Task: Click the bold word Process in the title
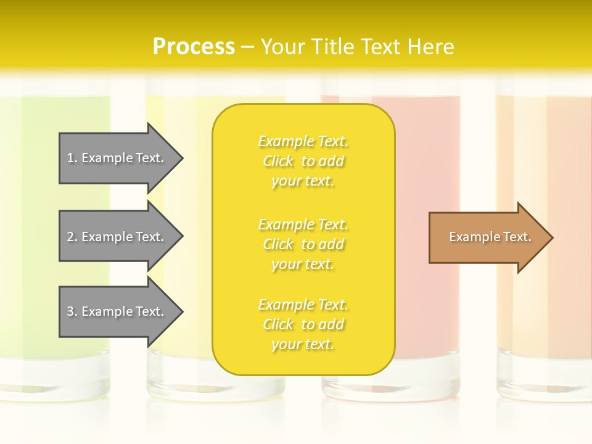194,47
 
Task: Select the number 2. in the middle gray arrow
72,237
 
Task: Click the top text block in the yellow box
303,161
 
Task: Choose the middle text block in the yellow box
303,244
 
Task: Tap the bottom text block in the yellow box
303,324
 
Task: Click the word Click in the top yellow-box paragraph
278,161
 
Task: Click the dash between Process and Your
248,47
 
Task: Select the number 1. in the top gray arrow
72,158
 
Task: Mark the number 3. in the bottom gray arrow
72,311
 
